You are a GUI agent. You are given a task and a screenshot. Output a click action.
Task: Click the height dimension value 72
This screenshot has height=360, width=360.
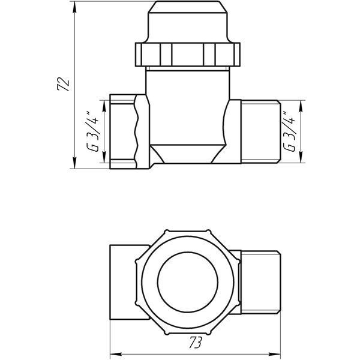(x=64, y=85)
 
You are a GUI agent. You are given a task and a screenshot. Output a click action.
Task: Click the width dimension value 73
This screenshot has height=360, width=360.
(x=196, y=343)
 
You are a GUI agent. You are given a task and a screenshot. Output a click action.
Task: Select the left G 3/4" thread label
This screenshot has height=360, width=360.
(x=93, y=132)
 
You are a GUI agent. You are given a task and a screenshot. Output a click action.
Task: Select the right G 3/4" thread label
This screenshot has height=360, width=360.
(x=289, y=132)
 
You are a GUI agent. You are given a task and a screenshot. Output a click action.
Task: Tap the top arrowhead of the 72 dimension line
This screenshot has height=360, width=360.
(x=74, y=7)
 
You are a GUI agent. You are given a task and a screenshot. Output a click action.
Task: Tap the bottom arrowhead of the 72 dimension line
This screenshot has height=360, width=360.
(x=74, y=163)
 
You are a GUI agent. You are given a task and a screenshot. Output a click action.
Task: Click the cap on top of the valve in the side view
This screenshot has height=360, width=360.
(x=188, y=22)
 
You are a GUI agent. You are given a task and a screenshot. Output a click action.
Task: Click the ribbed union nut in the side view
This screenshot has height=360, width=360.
(x=188, y=55)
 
